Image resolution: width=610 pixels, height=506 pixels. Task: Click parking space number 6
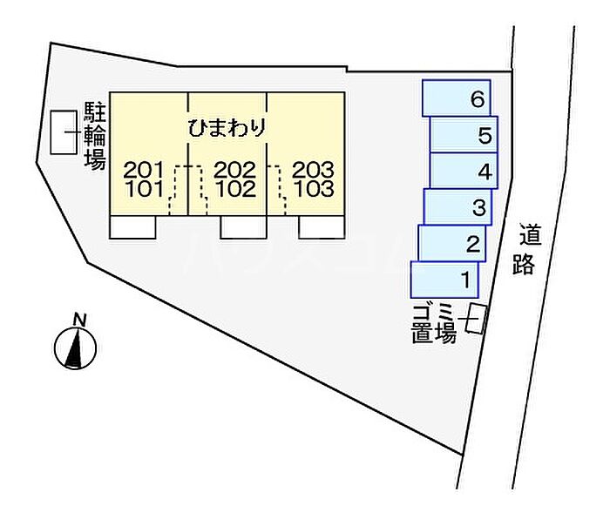[457, 98]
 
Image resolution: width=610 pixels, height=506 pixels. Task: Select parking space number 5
[464, 134]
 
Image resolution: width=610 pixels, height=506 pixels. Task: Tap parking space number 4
[463, 171]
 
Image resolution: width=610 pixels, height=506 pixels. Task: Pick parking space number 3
[458, 207]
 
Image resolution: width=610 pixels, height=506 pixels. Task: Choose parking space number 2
[452, 243]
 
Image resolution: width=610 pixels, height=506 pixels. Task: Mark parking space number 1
[445, 280]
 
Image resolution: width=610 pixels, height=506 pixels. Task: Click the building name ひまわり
[227, 127]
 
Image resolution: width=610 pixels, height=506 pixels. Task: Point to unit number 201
[143, 169]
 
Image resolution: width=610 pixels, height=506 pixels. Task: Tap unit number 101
[143, 188]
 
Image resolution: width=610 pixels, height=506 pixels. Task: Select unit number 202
[234, 169]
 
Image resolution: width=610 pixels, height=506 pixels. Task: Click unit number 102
[234, 188]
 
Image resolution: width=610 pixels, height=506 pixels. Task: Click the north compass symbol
[76, 346]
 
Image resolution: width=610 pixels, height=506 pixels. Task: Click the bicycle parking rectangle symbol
[64, 133]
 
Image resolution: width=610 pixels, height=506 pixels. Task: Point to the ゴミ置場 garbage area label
[433, 323]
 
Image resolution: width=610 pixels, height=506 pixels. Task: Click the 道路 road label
[525, 250]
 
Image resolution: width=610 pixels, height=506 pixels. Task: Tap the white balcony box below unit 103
[322, 226]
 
